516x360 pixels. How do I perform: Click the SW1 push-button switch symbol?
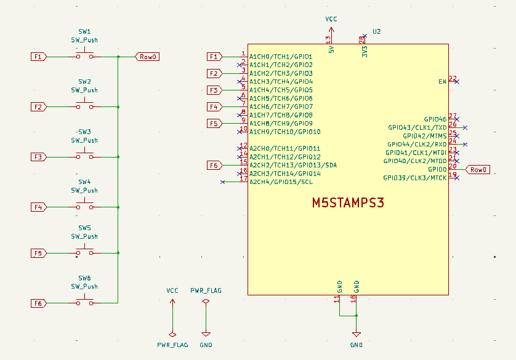[x=84, y=56]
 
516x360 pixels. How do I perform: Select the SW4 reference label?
[x=84, y=182]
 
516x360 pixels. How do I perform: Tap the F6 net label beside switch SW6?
[x=38, y=303]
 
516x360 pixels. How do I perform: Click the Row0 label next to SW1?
[x=147, y=57]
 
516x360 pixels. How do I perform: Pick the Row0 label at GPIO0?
[x=478, y=170]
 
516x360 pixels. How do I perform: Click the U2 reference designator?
[x=377, y=31]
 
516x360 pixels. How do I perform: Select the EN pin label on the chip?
[x=442, y=81]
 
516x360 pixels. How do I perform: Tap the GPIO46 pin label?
[x=435, y=119]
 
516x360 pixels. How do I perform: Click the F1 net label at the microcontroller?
[x=214, y=57]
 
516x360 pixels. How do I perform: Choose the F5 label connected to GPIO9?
[x=214, y=124]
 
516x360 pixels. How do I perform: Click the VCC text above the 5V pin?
[x=331, y=20]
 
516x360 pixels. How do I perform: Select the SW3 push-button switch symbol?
[x=84, y=157]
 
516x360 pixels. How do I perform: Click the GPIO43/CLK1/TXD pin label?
[x=417, y=127]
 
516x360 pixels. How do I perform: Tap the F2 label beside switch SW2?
[x=38, y=107]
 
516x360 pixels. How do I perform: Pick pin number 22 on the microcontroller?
[x=453, y=78]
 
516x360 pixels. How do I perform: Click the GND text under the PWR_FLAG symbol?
[x=206, y=345]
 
